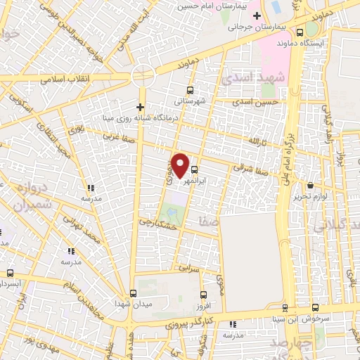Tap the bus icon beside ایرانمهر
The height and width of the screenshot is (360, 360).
[195, 169]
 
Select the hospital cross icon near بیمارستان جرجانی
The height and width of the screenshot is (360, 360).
[257, 16]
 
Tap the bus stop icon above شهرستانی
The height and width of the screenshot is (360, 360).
[190, 90]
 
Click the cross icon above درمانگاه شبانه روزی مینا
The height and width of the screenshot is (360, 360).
[141, 107]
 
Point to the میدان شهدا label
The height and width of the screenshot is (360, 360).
[133, 304]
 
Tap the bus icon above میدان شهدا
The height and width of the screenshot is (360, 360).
[133, 293]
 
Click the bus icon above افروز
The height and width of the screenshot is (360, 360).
[202, 295]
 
